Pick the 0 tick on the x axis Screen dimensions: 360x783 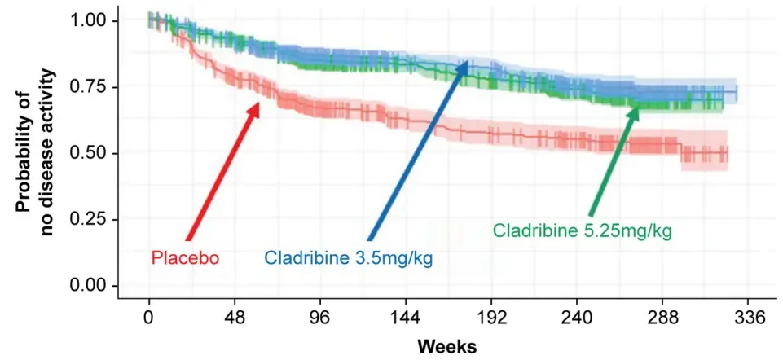tap(148, 318)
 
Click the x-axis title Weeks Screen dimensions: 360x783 tap(447, 346)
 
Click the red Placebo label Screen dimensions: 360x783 tap(185, 259)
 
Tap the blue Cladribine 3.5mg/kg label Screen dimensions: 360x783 tap(348, 259)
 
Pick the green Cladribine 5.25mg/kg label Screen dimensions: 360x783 tap(583, 231)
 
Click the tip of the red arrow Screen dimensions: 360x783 tap(259, 103)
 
